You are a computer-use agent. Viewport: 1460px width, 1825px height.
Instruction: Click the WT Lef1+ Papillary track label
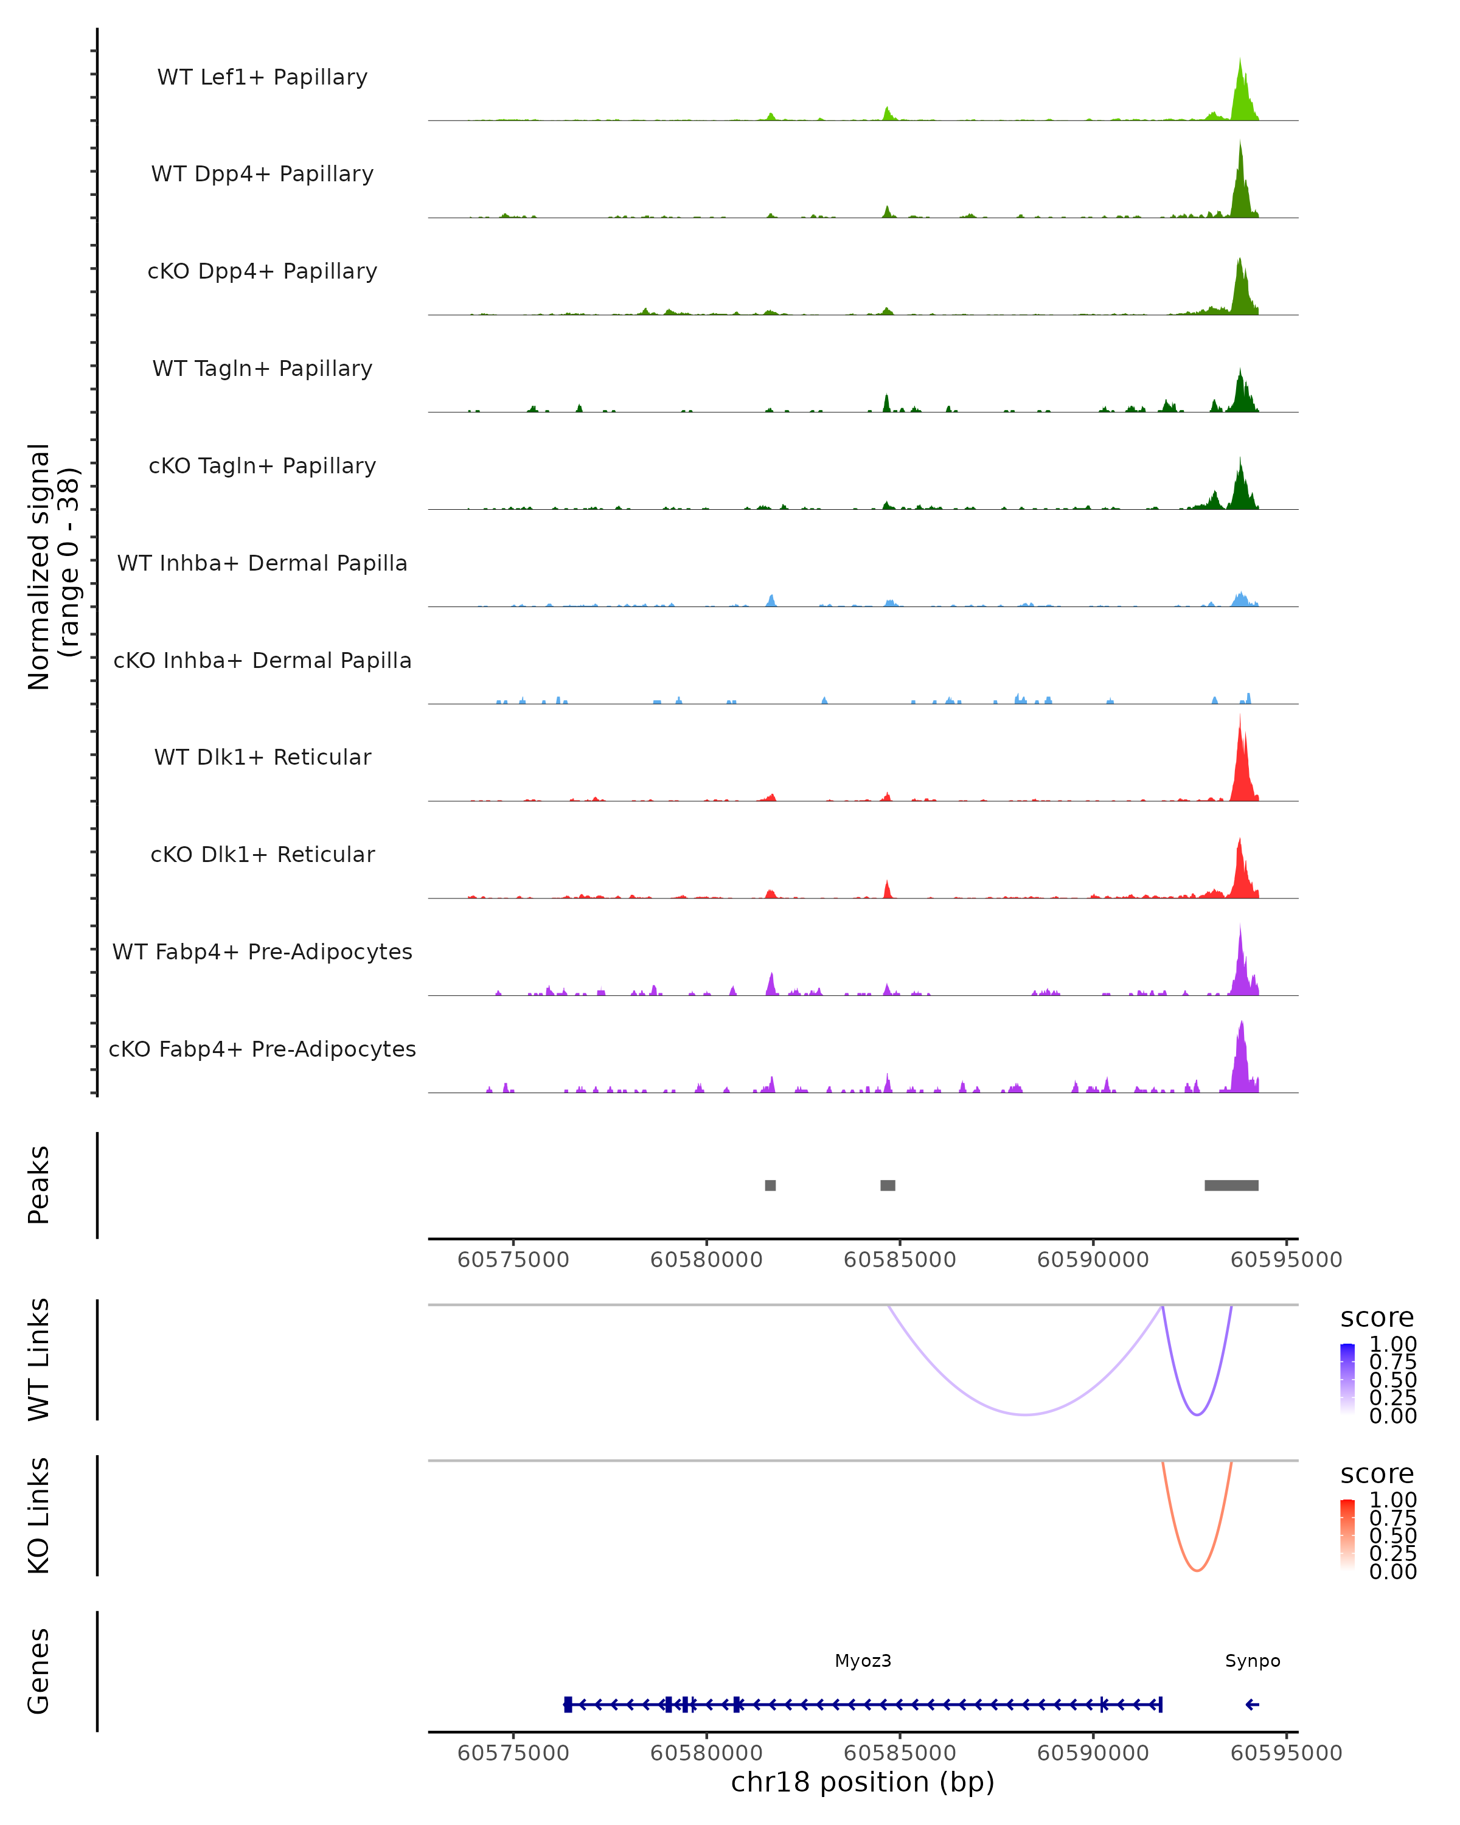click(x=262, y=77)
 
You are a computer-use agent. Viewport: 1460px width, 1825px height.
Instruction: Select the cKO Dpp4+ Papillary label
click(x=262, y=271)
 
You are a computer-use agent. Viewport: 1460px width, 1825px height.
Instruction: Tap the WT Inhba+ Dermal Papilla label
click(x=262, y=563)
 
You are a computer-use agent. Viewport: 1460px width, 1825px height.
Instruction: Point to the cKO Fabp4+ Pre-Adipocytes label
click(x=262, y=1049)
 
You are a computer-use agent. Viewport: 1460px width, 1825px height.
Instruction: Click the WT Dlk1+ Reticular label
click(x=262, y=757)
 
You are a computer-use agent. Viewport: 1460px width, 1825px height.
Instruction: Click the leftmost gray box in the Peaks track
click(x=770, y=1185)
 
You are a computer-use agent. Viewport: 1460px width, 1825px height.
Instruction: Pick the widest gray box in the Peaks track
click(x=1231, y=1185)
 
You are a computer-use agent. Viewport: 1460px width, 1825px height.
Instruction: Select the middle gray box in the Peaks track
click(x=888, y=1185)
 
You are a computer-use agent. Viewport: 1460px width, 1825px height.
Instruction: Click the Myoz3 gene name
click(x=863, y=1661)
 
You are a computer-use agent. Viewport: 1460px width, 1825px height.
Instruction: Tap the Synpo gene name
click(x=1253, y=1661)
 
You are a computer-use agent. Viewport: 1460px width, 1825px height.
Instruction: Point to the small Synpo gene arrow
click(x=1253, y=1705)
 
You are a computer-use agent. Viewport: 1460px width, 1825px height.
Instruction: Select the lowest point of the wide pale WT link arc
click(x=1025, y=1414)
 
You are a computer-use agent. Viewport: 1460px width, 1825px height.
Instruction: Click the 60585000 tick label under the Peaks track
click(x=900, y=1260)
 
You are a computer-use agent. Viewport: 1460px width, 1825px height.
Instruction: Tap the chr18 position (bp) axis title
click(x=863, y=1782)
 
